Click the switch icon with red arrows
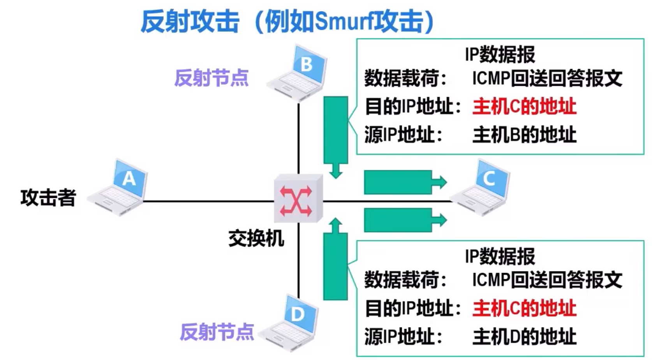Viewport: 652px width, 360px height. point(298,198)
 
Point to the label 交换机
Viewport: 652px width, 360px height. point(256,239)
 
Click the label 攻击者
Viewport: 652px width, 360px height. point(48,198)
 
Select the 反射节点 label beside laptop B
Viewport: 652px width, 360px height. point(211,78)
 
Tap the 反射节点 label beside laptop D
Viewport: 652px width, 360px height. point(217,332)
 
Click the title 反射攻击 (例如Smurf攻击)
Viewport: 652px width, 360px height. point(287,21)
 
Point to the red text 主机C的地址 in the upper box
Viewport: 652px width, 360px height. point(524,106)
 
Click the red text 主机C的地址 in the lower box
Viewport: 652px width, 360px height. point(524,308)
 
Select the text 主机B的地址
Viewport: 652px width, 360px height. point(524,135)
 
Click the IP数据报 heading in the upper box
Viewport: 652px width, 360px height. point(500,54)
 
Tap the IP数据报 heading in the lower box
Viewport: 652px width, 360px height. point(500,256)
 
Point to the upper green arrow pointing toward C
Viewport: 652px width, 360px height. point(403,182)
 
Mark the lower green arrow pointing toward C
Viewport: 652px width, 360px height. point(403,220)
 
